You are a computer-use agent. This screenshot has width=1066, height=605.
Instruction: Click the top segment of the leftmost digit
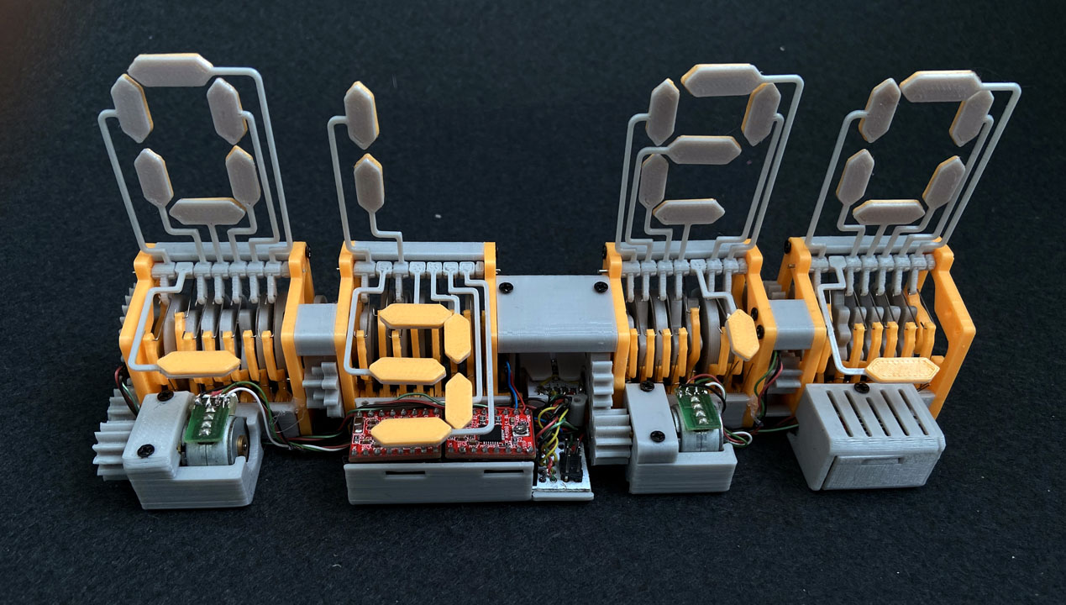point(171,70)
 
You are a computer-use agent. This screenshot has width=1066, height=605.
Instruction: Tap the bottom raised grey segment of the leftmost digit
point(207,212)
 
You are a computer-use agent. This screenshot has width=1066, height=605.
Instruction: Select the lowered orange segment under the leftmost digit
point(198,365)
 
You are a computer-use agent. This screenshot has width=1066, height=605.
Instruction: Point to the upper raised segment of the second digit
point(361,115)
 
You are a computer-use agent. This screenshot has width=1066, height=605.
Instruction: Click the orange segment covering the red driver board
point(411,432)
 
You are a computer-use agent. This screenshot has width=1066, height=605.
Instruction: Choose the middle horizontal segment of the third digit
point(703,150)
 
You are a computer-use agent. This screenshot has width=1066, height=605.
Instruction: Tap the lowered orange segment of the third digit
point(742,335)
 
